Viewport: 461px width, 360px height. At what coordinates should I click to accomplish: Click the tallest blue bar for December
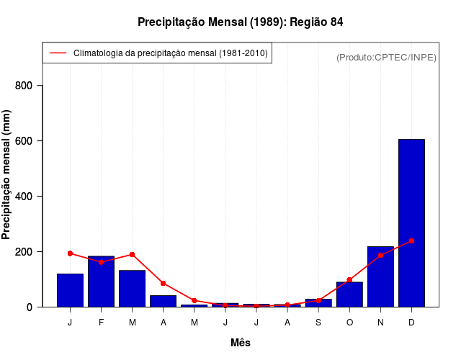(x=411, y=223)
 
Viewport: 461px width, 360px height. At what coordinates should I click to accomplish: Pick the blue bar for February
(x=101, y=282)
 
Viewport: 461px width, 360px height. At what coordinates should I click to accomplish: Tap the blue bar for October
(x=349, y=294)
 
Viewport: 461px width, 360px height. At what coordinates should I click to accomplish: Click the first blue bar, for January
(x=70, y=290)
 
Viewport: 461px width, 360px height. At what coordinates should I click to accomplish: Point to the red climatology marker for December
(x=411, y=240)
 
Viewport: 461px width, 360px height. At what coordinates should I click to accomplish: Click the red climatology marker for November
(x=380, y=255)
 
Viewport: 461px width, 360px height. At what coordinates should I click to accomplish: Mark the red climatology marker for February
(x=101, y=262)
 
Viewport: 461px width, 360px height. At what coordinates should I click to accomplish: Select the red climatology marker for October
(x=349, y=280)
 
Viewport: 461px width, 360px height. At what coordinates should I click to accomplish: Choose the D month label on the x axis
(x=411, y=323)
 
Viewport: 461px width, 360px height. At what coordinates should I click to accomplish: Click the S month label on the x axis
(x=318, y=323)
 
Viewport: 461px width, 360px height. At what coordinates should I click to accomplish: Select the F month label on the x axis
(x=101, y=323)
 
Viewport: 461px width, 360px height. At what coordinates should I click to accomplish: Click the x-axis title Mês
(x=241, y=343)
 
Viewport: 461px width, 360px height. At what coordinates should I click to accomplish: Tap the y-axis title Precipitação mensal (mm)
(x=7, y=180)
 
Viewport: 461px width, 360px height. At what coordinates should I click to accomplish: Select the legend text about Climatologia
(x=171, y=53)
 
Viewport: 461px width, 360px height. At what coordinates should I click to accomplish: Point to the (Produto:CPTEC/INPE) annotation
(x=387, y=57)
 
